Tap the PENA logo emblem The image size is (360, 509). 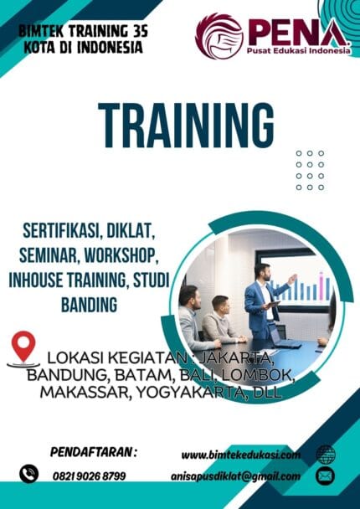coord(219,35)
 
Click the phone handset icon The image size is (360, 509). coord(29,474)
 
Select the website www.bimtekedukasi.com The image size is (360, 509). coord(240,454)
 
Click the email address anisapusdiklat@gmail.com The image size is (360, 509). coord(240,476)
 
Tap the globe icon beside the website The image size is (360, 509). coord(325,454)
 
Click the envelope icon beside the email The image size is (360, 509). coord(325,476)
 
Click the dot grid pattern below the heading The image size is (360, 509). coord(310,170)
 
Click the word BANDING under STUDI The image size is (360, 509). coord(89,306)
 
